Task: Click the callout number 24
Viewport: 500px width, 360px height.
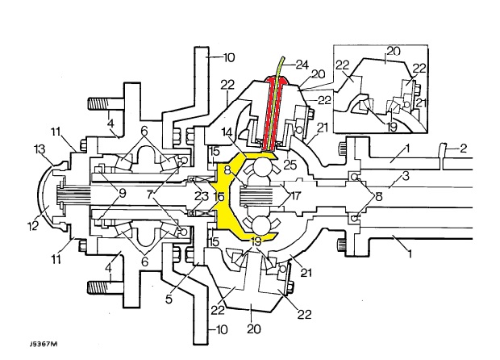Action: pos(302,65)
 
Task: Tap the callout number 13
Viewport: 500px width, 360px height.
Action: pos(40,149)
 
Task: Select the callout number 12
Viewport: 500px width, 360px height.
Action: pos(33,225)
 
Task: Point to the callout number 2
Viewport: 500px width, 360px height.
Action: pos(464,149)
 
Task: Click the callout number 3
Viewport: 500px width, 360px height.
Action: pos(406,176)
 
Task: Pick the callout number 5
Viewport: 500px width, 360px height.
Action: pos(169,299)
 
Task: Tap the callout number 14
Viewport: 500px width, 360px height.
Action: pos(227,132)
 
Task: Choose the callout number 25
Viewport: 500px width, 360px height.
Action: pos(290,165)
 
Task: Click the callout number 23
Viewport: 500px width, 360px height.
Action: pos(202,195)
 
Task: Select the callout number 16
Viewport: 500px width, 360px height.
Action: pos(219,197)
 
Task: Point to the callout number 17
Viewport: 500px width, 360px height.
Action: pos(295,195)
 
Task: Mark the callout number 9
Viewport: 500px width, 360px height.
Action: pos(123,194)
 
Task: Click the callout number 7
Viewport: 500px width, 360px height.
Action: pos(151,195)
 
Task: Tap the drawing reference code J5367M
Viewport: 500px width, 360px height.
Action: pos(44,344)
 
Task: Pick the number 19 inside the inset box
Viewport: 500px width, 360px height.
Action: pos(392,127)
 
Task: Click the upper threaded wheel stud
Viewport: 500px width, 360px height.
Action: pos(105,104)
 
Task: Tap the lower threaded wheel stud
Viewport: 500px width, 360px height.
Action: pos(105,287)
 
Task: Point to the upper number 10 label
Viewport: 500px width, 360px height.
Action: pos(229,58)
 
